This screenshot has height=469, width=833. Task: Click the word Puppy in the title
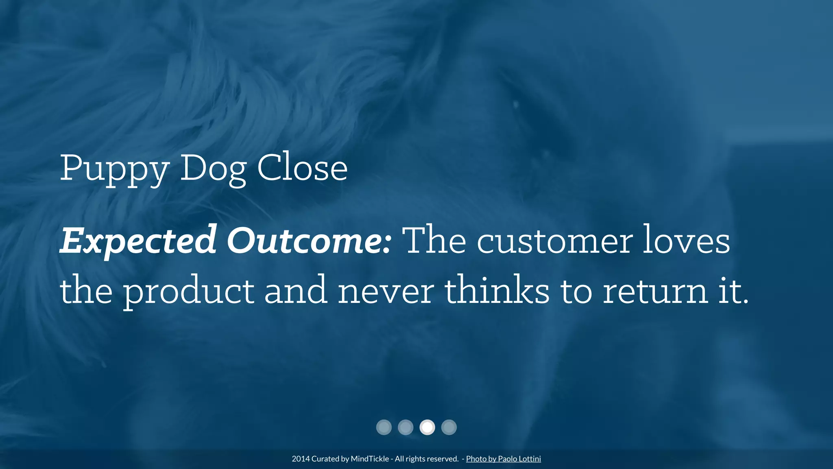pos(114,169)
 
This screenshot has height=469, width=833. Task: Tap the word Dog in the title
pos(213,169)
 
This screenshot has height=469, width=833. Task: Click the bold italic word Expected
pos(138,241)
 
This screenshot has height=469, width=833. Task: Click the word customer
pos(555,241)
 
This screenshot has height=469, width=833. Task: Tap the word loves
pos(687,241)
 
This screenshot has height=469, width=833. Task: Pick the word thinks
pos(497,290)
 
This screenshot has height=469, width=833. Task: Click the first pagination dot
pos(384,427)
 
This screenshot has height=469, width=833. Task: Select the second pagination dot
pos(406,427)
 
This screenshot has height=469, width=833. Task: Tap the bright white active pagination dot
pos(427,427)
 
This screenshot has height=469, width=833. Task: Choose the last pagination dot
pos(449,427)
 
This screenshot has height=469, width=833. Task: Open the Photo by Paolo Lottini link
pos(503,459)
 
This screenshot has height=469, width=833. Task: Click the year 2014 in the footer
pos(301,459)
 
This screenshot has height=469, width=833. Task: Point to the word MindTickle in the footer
pos(370,459)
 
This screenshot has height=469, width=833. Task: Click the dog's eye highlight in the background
pos(516,104)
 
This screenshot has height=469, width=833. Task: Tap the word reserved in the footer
pos(444,459)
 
